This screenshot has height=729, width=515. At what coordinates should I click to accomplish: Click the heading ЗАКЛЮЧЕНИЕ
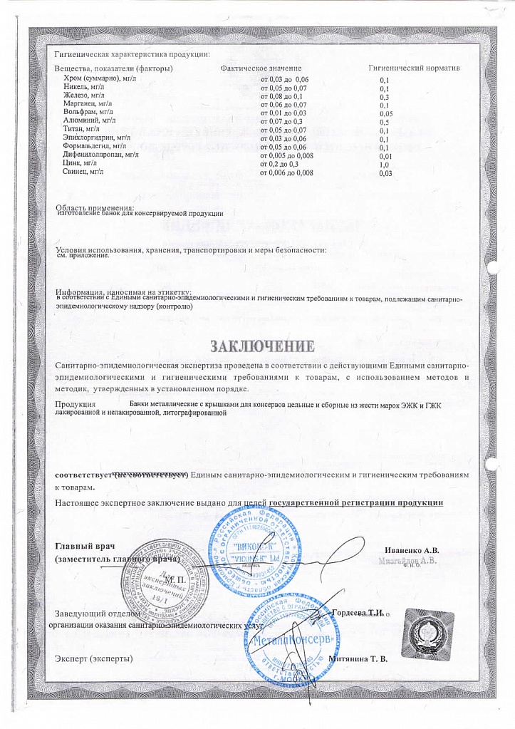(261, 347)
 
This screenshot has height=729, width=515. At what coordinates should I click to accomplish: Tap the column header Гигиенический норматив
(413, 67)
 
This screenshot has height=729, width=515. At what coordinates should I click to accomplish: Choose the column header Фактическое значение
(261, 67)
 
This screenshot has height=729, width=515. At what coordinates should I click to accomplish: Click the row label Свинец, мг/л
(83, 172)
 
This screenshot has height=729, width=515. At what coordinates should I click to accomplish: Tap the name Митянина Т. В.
(359, 658)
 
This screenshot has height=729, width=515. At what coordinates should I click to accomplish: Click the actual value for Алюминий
(282, 122)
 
